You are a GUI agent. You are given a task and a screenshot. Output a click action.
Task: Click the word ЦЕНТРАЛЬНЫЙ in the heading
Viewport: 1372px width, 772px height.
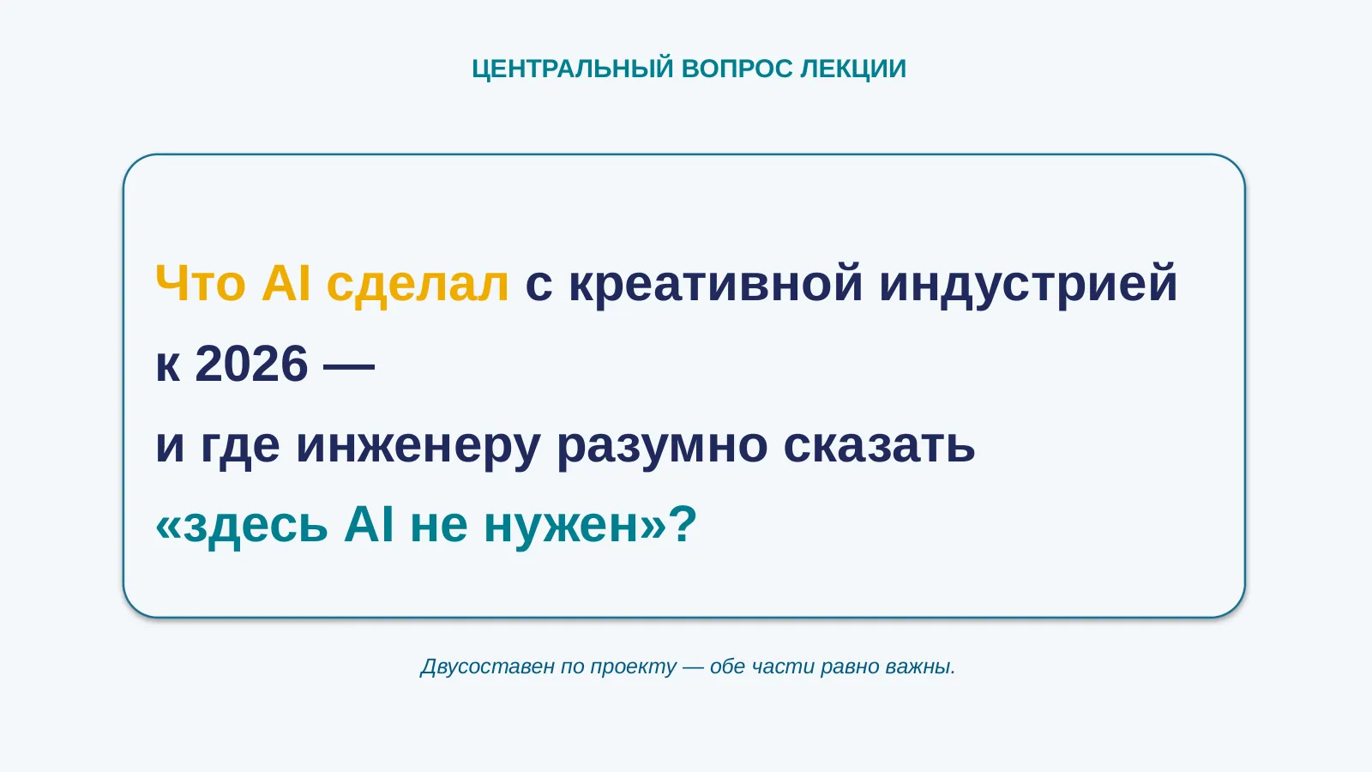(x=573, y=69)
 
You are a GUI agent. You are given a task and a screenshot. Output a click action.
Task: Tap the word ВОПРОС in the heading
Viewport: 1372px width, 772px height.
(x=737, y=69)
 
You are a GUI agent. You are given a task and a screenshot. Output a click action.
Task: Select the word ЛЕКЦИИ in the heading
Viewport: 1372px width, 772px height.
(x=853, y=69)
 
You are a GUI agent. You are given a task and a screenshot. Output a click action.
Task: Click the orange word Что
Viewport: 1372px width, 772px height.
(x=201, y=283)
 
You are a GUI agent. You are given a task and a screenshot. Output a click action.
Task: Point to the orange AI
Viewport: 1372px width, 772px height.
(x=286, y=283)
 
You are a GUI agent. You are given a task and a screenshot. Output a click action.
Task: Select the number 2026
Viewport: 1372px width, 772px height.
(x=251, y=364)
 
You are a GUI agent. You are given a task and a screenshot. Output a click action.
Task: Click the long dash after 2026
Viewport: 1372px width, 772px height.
(x=348, y=365)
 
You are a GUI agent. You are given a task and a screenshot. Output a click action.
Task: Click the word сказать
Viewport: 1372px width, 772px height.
(x=879, y=445)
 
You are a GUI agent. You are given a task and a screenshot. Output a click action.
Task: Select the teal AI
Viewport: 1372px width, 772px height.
(x=369, y=524)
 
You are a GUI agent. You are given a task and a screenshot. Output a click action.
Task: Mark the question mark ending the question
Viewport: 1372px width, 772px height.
(x=683, y=524)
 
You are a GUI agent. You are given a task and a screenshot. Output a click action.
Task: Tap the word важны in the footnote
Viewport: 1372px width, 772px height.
(x=921, y=667)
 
